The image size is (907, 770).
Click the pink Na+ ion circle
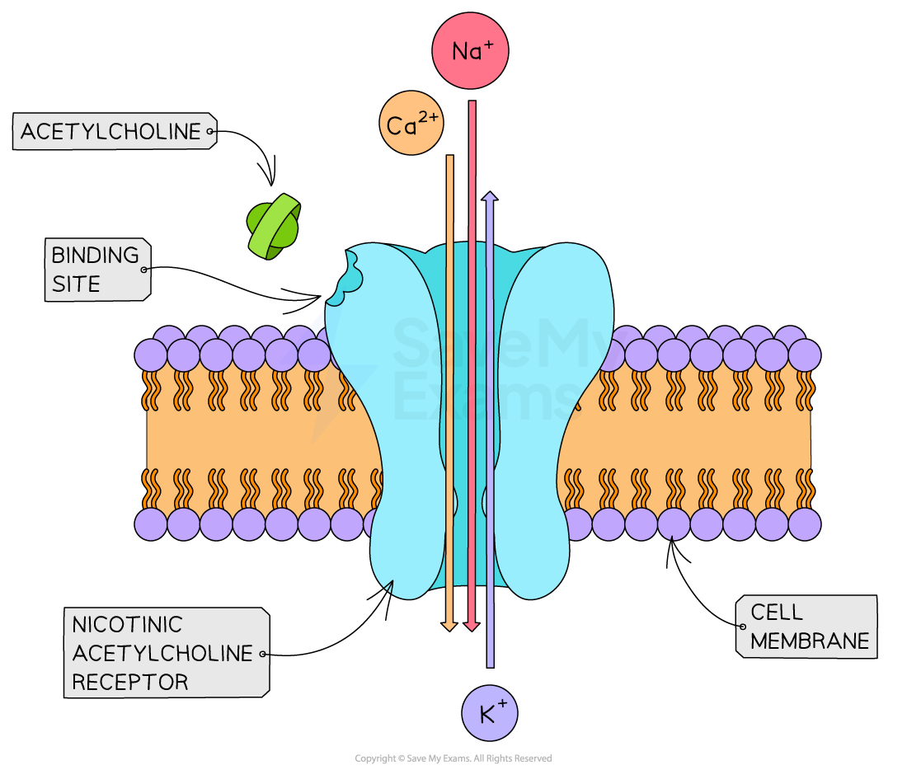pos(470,51)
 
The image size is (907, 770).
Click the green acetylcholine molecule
pos(274,227)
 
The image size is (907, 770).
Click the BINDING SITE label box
pos(97,270)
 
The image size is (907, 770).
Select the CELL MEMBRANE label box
pos(806,627)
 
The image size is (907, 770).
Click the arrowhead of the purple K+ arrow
pos(490,197)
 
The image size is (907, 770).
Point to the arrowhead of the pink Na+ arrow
pos(472,626)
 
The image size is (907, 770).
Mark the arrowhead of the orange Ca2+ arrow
pos(449,626)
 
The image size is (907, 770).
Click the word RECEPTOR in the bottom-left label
pos(130,682)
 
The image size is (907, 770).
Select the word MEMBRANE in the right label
pos(810,641)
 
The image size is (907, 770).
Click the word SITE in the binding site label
pos(76,284)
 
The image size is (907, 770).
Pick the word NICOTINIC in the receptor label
pos(127,624)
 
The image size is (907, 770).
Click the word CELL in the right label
pos(776,612)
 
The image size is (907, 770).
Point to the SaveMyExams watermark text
pos(486,363)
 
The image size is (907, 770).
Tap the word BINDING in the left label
pos(95,256)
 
